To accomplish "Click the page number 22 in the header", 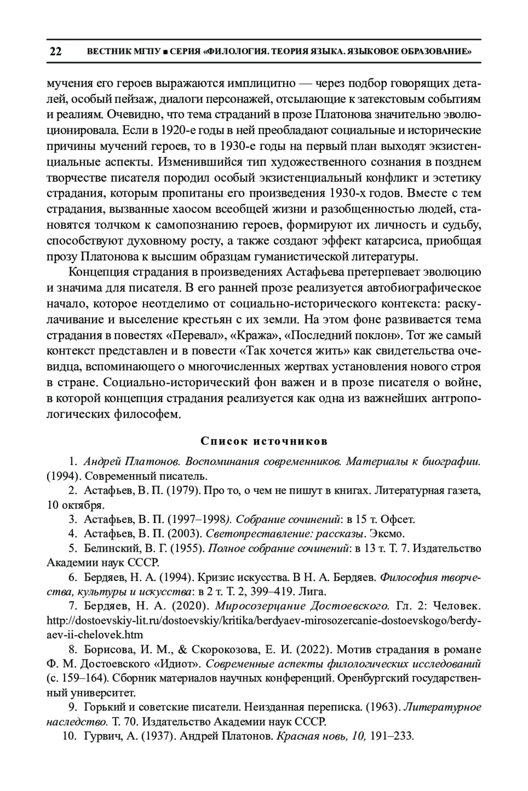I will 56,52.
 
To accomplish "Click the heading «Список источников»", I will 264,441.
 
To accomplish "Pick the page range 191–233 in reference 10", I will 392,736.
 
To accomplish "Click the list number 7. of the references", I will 73,606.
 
